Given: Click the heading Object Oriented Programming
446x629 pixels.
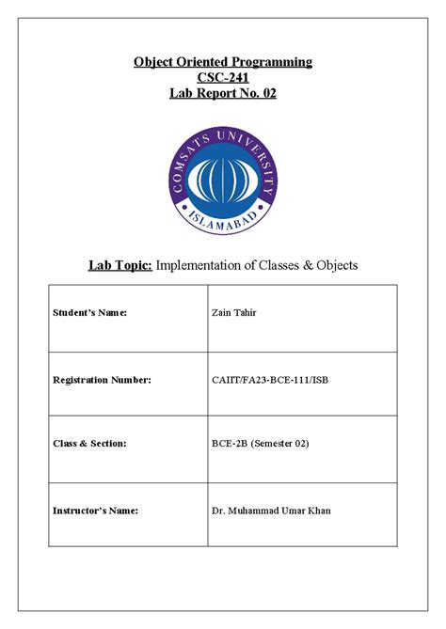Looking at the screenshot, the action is coord(223,62).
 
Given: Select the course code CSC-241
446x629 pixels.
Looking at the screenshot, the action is coord(223,78).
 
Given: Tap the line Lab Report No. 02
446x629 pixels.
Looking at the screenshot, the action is coord(223,93).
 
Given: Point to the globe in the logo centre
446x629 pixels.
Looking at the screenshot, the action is coord(223,177).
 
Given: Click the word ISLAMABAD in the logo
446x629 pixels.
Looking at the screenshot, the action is coord(223,222).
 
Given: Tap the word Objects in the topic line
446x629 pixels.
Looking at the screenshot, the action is coord(334,265).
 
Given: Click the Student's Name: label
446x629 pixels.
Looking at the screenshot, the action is coord(87,312).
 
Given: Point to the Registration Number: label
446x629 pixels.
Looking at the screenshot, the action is coord(102,379).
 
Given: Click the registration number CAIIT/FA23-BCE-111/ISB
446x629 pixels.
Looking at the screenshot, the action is coord(270,379).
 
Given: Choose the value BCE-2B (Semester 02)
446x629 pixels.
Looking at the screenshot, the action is coord(261,443).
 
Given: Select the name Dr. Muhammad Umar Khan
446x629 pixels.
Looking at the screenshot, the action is coord(272,511).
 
